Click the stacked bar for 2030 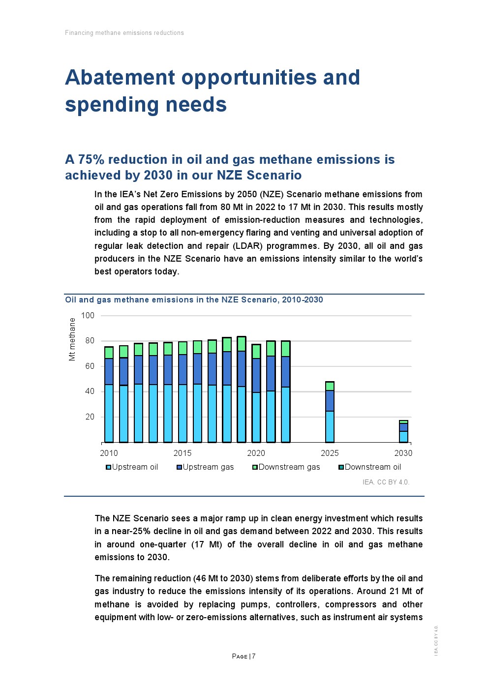(x=403, y=432)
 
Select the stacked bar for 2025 (x=330, y=412)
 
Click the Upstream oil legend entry (x=132, y=467)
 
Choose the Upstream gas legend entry (x=205, y=467)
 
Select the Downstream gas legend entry (x=286, y=467)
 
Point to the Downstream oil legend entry (x=370, y=467)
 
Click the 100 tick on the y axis (x=88, y=316)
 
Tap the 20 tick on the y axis (x=90, y=417)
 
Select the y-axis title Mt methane (x=72, y=339)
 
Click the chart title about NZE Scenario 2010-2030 (x=194, y=300)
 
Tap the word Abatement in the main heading (x=120, y=78)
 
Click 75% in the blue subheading (x=91, y=160)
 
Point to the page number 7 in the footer (x=254, y=657)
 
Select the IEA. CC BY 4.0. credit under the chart (x=386, y=482)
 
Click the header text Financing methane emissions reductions (x=124, y=33)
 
